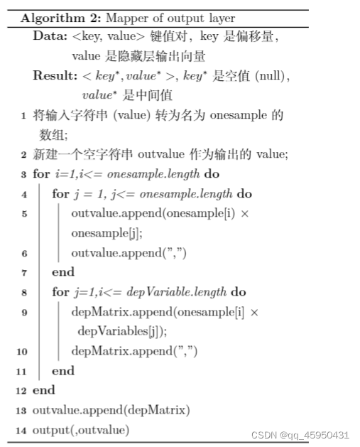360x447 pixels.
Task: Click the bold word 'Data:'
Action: [x=49, y=36]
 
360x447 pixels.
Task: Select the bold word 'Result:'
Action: [x=54, y=76]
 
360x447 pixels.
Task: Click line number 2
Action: [x=23, y=154]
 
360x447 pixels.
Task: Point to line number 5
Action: [x=23, y=213]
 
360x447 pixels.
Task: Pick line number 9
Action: [x=23, y=312]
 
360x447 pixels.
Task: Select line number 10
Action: [x=21, y=351]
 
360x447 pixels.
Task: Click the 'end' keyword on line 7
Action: [x=63, y=272]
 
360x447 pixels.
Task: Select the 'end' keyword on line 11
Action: [x=63, y=371]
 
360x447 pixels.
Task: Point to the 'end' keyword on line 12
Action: [x=44, y=391]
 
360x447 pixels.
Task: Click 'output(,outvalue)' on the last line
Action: [x=81, y=430]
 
